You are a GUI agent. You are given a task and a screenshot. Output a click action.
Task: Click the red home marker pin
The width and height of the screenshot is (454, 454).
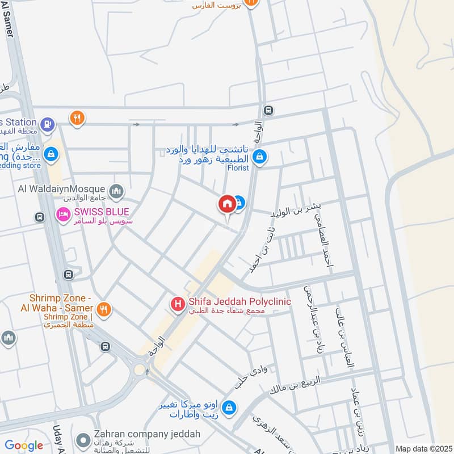pyautogui.click(x=227, y=204)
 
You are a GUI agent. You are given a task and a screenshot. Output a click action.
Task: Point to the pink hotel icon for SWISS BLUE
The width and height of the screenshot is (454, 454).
pyautogui.click(x=62, y=214)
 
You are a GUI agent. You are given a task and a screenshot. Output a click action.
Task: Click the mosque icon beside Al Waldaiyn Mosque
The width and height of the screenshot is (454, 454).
pyautogui.click(x=116, y=190)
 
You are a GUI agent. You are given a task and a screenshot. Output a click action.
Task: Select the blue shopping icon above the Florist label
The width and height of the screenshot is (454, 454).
pyautogui.click(x=259, y=156)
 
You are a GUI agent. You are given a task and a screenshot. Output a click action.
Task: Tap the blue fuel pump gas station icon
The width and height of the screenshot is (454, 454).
pyautogui.click(x=48, y=122)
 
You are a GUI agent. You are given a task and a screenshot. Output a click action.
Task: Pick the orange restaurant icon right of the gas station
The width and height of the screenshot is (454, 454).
pyautogui.click(x=78, y=118)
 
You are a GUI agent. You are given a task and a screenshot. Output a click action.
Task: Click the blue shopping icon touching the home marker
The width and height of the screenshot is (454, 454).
pyautogui.click(x=240, y=202)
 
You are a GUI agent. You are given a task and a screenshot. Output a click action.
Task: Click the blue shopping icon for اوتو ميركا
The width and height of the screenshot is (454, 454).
pyautogui.click(x=229, y=407)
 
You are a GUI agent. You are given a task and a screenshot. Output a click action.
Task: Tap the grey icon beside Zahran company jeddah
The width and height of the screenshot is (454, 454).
pyautogui.click(x=83, y=440)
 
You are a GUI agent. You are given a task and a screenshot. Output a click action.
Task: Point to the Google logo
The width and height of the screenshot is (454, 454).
pyautogui.click(x=24, y=445)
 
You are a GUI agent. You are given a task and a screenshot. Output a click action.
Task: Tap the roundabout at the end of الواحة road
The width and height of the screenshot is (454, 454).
pyautogui.click(x=139, y=370)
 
